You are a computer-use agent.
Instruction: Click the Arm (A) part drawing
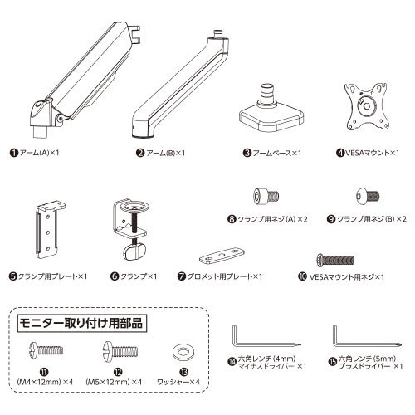coord(83,81)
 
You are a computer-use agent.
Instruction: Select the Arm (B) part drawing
coord(180,85)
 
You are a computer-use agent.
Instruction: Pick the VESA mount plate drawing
coord(367,106)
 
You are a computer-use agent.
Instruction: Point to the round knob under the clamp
coord(134,251)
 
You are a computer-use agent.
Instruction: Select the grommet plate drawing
coord(222,256)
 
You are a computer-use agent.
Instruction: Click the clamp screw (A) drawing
coord(266,196)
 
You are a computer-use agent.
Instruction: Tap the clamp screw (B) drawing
coord(368,197)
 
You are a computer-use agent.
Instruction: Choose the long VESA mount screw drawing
coord(335,260)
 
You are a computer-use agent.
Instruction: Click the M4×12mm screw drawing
coord(46,349)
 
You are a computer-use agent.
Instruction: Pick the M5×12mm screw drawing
coord(120,350)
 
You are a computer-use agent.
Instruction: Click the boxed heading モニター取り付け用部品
coord(82,323)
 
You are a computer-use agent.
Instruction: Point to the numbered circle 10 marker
coord(303,276)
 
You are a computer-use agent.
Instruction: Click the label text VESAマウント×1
coord(372,153)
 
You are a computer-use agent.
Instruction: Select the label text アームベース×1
coord(277,153)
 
